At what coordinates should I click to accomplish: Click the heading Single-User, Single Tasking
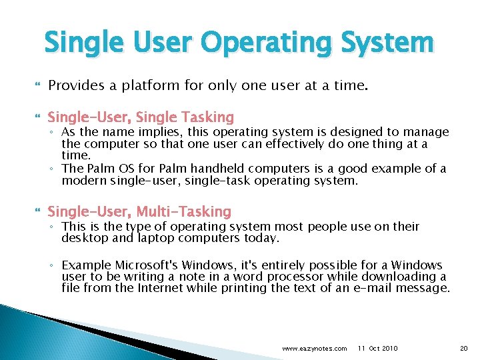[141, 118]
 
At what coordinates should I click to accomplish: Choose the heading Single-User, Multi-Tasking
[139, 212]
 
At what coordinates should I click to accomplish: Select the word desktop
[82, 238]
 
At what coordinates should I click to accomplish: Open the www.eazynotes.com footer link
[314, 349]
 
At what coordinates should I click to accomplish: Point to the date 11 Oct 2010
[378, 349]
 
